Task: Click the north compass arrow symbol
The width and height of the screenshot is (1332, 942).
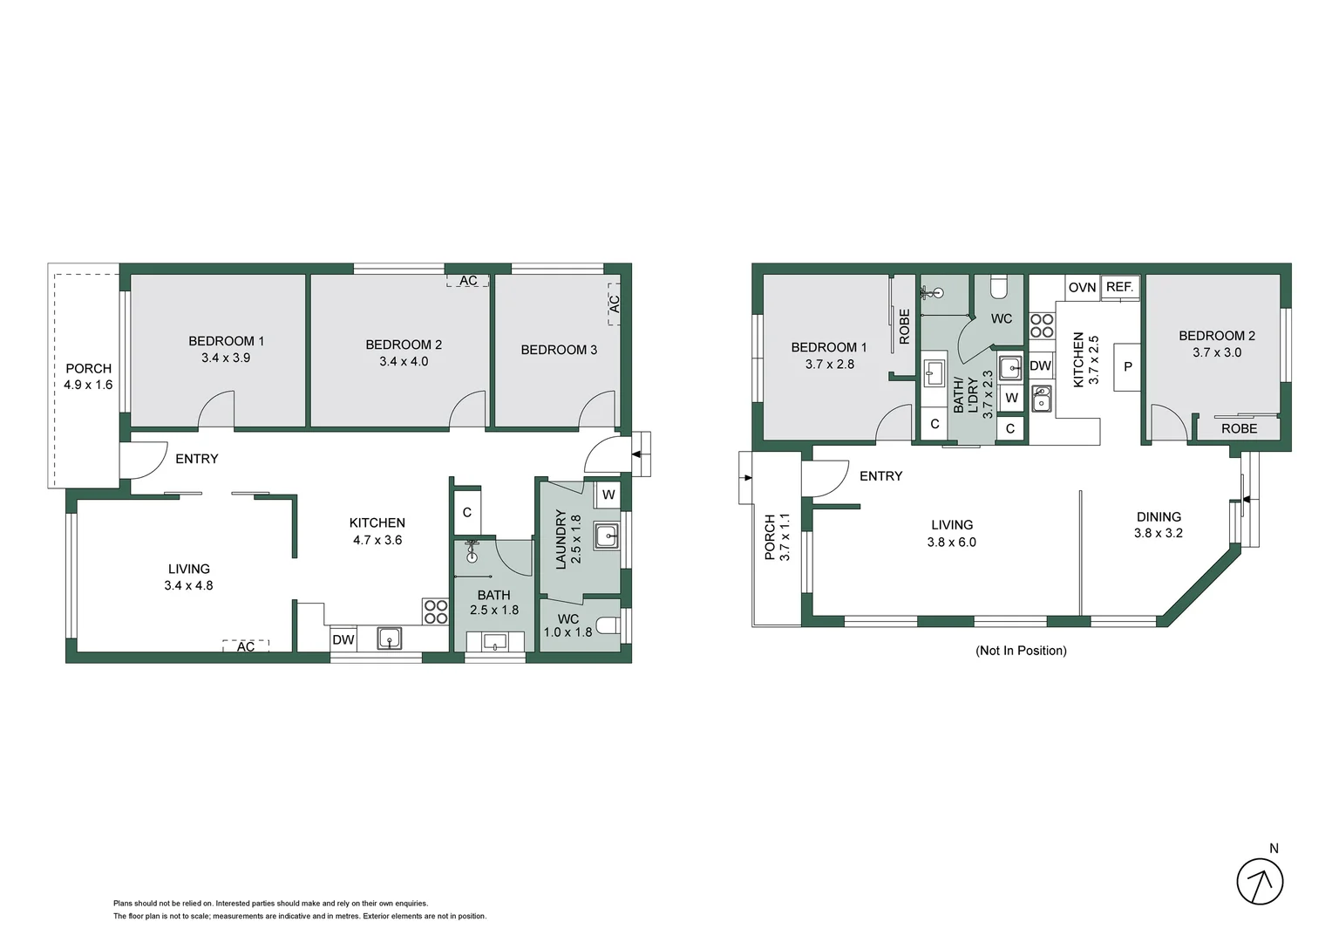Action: point(1260,881)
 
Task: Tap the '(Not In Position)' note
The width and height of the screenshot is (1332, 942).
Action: point(1020,651)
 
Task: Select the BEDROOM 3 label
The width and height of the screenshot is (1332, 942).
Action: point(559,350)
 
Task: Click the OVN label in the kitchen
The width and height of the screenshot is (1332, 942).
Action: point(1082,287)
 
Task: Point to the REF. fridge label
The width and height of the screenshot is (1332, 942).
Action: point(1119,287)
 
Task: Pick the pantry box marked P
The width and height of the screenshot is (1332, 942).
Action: point(1127,367)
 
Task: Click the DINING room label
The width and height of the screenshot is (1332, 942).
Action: point(1158,516)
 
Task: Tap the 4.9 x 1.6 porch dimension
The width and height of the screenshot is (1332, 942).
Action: point(88,385)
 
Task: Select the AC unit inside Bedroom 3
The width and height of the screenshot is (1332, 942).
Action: point(614,304)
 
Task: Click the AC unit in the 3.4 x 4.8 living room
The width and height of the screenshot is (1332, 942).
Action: point(246,646)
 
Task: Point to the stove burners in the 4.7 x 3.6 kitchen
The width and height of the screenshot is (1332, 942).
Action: point(435,611)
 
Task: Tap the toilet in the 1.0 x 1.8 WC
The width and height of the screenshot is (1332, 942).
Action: point(611,625)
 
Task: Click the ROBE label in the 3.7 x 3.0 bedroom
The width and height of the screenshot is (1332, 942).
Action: point(1239,429)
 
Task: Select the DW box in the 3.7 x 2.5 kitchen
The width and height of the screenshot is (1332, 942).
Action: point(1040,366)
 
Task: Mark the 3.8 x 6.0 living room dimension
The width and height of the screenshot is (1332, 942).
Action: point(951,542)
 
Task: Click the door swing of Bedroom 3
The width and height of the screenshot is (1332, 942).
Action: point(600,410)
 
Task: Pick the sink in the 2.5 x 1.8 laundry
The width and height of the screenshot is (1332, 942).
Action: point(606,536)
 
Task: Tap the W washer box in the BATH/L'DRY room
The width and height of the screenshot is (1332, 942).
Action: point(1011,399)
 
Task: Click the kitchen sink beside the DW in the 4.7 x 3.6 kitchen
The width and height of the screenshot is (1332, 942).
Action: point(389,638)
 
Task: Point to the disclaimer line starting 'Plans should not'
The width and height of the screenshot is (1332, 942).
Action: point(270,904)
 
